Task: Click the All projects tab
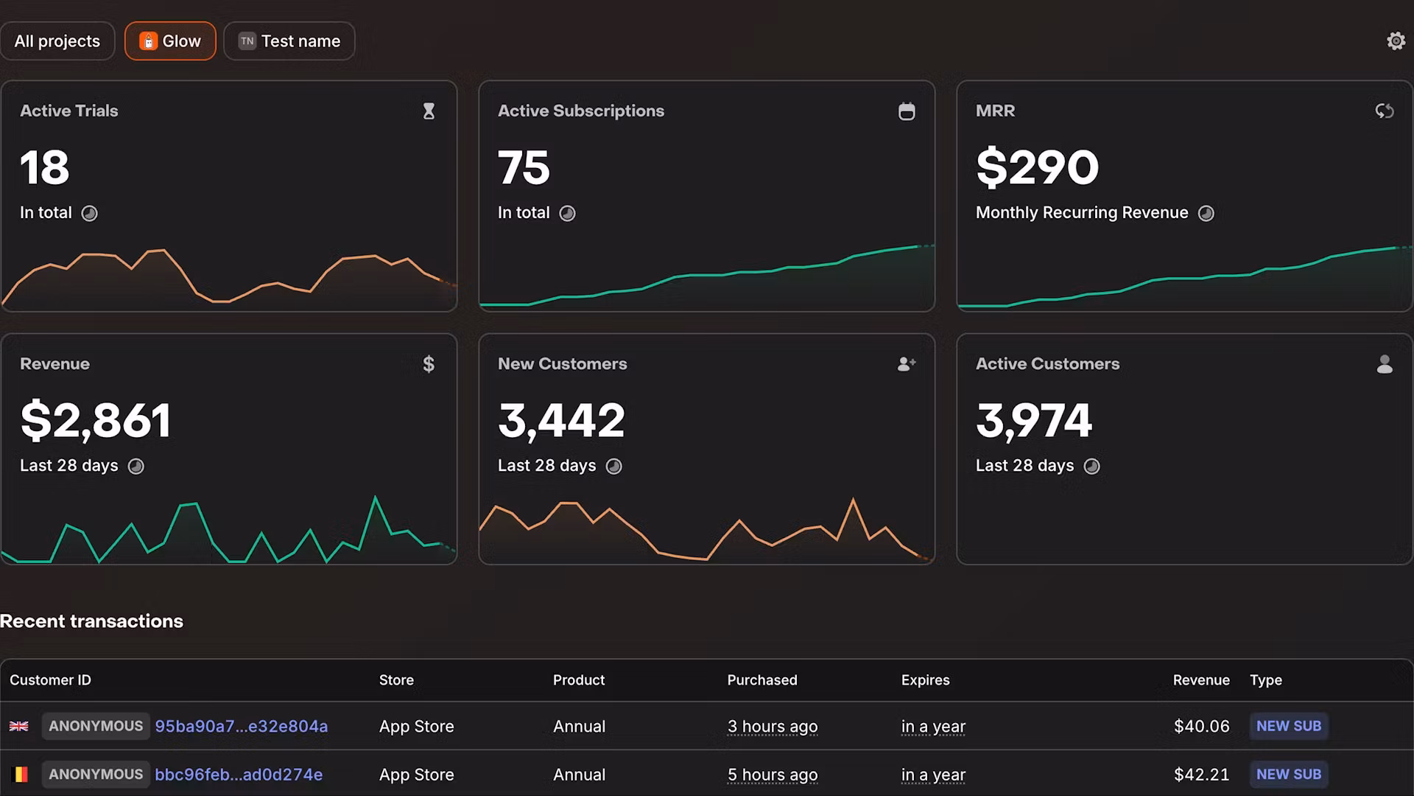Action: point(57,41)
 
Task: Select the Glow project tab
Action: point(170,41)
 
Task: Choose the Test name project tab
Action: point(289,41)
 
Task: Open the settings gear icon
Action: point(1396,41)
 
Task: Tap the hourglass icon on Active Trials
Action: point(429,111)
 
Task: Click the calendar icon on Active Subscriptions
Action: point(907,111)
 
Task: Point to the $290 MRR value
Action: point(1037,167)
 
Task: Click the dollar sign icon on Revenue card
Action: point(429,364)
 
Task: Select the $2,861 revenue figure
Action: point(96,421)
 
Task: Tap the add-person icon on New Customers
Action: point(907,364)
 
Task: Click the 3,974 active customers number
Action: point(1034,421)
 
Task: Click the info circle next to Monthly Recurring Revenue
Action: point(1206,214)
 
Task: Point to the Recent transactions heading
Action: point(91,621)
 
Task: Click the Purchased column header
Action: point(761,680)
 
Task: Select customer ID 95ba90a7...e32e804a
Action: point(241,727)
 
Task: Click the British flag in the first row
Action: point(19,727)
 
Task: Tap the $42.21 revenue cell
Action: point(1201,775)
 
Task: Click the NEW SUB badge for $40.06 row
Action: point(1288,727)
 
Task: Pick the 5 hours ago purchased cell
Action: point(772,775)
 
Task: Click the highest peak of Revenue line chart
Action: point(376,498)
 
